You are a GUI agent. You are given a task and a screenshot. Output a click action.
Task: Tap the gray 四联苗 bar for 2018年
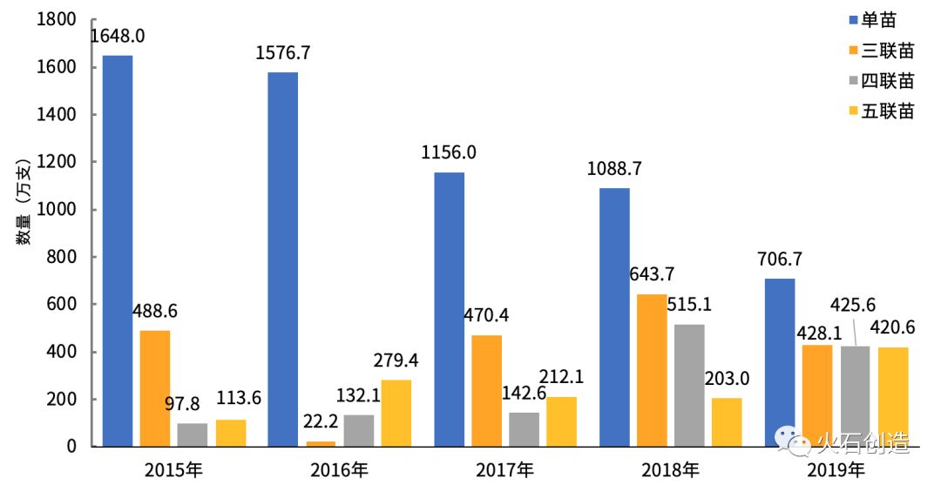pos(688,385)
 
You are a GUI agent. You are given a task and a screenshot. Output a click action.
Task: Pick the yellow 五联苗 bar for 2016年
pos(396,413)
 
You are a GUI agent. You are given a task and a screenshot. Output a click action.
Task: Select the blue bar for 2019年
pos(780,362)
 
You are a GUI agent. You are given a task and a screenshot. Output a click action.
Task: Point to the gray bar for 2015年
pos(193,434)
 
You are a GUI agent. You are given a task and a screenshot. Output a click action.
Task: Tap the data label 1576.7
pos(283,53)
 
